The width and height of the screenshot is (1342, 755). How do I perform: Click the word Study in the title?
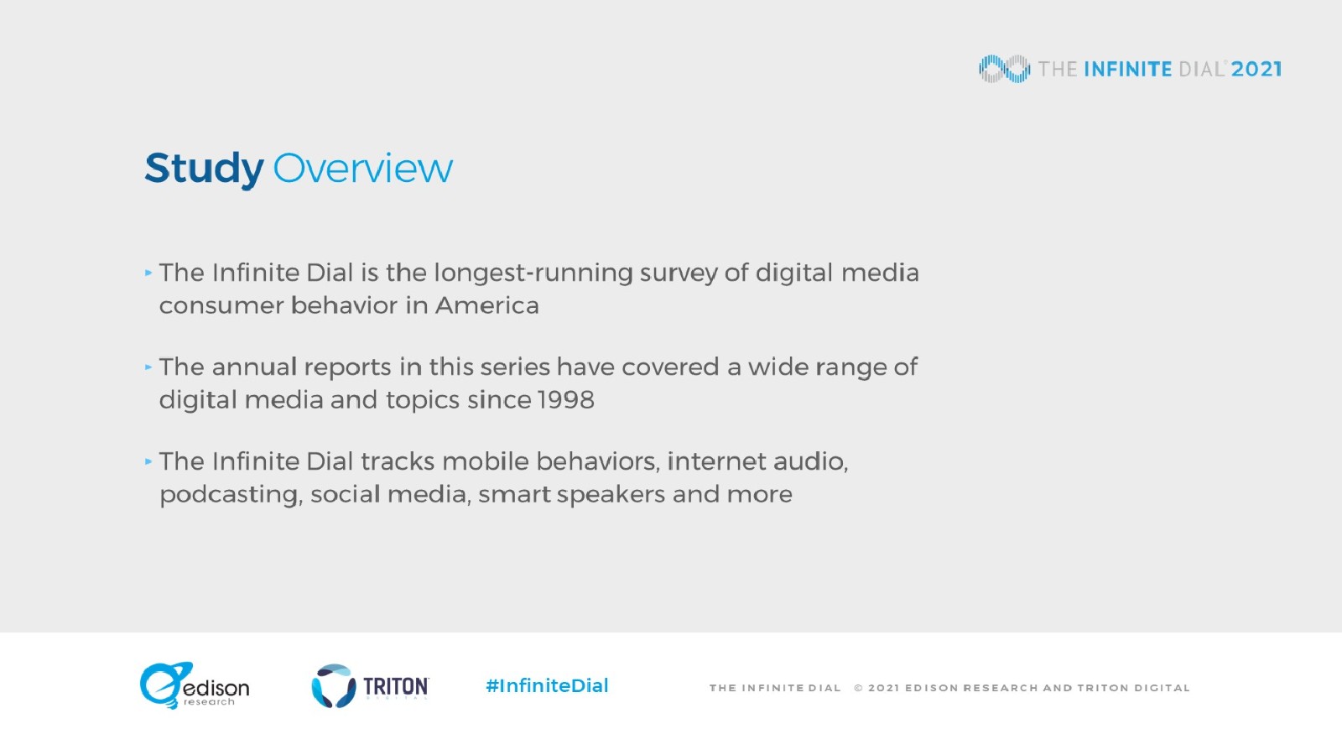point(204,169)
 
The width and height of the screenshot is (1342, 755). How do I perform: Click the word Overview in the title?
point(363,169)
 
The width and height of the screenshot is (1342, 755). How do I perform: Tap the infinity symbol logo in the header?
point(1005,69)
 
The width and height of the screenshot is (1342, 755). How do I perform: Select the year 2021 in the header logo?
point(1256,70)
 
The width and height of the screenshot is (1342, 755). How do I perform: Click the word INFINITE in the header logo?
point(1128,70)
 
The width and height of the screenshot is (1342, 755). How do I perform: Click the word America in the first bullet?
point(487,305)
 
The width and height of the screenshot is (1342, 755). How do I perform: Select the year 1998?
point(566,399)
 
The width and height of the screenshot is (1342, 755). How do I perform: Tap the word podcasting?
point(228,496)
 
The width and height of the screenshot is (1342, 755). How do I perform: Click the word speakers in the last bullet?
point(611,496)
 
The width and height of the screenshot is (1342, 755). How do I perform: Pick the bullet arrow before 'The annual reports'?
point(148,367)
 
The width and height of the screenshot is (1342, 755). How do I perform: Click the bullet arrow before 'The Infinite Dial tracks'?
point(148,461)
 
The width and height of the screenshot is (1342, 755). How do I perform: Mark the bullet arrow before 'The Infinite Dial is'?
point(148,273)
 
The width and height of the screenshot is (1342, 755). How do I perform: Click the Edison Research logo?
point(194,685)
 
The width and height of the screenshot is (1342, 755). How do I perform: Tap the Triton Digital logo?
point(370,685)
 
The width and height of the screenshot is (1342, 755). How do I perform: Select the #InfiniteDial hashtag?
point(547,685)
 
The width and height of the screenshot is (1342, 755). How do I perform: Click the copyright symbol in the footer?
point(859,688)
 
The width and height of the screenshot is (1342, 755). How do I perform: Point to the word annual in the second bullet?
point(255,367)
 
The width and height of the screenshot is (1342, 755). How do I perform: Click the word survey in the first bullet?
point(679,274)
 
